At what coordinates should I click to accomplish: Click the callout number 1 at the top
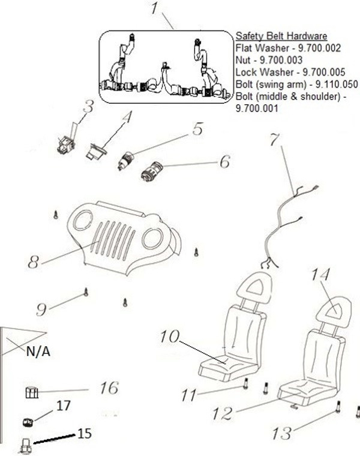pos(155,10)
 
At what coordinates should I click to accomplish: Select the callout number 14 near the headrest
pos(322,275)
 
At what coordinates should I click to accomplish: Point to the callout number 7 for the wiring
pos(274,140)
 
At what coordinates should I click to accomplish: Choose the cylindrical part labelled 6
pos(151,171)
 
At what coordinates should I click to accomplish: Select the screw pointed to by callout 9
pos(86,292)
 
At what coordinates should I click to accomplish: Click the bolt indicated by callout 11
pos(245,384)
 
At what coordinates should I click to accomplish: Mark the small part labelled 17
pos(27,421)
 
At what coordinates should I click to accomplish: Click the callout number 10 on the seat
pos(171,337)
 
